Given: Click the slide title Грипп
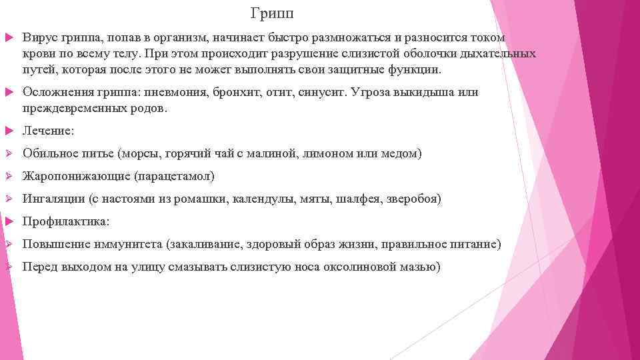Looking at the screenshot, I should coord(272,13).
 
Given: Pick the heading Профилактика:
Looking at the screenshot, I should coord(66,221).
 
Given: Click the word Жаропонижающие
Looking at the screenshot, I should coord(76,177).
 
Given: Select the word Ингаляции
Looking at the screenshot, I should coord(53,199).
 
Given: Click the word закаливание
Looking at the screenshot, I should coord(207,244).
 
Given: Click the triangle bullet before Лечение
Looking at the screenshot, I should coord(9,130).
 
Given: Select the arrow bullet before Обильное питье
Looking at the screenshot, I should coord(9,153).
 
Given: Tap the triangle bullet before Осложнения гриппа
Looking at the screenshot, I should coord(9,93).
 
